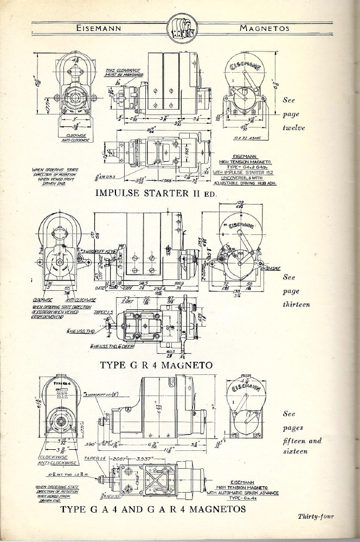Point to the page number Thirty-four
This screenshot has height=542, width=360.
(316, 516)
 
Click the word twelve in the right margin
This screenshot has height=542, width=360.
(294, 129)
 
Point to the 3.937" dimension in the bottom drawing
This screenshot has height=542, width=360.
(160, 458)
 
